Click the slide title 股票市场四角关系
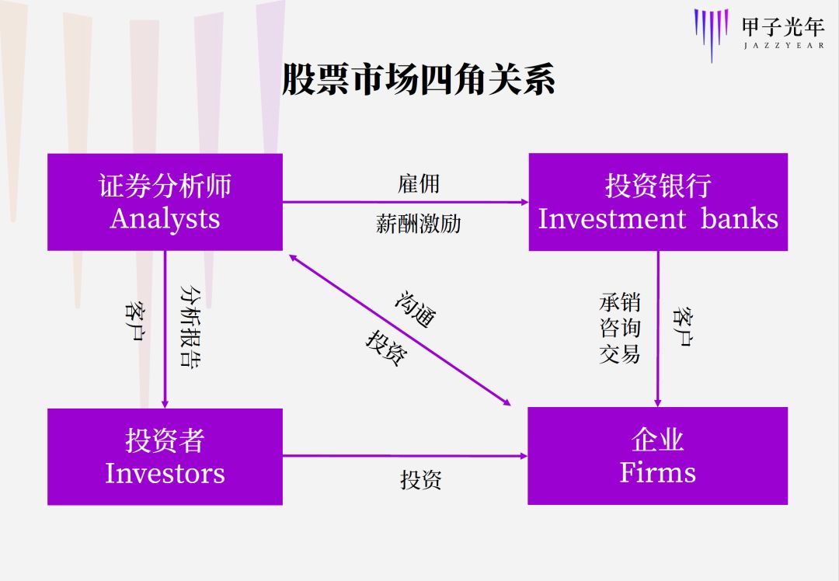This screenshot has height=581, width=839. click(x=418, y=80)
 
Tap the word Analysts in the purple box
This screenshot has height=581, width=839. click(x=165, y=218)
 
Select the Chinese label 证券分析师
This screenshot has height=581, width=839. click(x=165, y=186)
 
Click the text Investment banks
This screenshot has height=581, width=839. click(x=658, y=218)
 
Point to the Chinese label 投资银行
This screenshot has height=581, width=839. click(x=658, y=186)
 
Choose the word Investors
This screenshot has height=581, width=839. click(x=165, y=473)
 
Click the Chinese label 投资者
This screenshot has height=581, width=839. click(x=165, y=441)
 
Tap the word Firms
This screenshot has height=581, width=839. click(x=657, y=472)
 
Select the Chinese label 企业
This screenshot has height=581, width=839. click(x=657, y=440)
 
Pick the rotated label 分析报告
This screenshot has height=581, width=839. click(x=190, y=325)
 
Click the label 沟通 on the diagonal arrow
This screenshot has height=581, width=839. click(x=416, y=309)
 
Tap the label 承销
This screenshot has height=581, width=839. click(x=619, y=302)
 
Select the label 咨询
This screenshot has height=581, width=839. click(x=619, y=328)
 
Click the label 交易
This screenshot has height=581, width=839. click(x=619, y=354)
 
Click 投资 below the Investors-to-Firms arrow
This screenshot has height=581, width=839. click(x=420, y=480)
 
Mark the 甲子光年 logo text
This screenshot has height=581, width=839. click(x=782, y=27)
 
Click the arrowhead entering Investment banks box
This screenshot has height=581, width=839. click(x=524, y=202)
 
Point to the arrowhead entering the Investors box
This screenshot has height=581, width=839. click(x=165, y=403)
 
